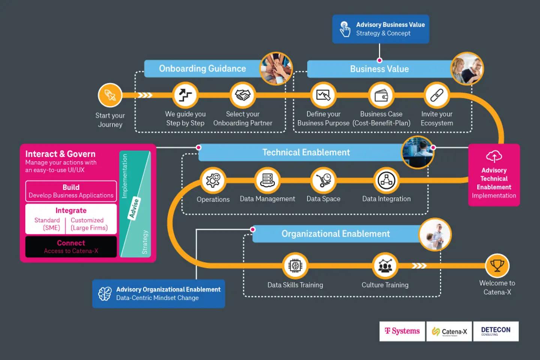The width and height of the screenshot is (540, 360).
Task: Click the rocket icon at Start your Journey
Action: pyautogui.click(x=110, y=95)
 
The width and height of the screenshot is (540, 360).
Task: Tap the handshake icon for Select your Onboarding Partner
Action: pyautogui.click(x=243, y=95)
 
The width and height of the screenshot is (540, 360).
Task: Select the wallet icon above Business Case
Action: pyautogui.click(x=381, y=95)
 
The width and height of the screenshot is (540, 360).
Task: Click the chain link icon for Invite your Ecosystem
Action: pyautogui.click(x=436, y=95)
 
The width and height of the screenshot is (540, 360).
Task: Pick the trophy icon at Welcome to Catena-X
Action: pyautogui.click(x=497, y=265)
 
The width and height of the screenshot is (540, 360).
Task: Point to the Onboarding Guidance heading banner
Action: pyautogui.click(x=202, y=69)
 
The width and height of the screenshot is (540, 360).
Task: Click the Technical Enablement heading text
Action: pyautogui.click(x=306, y=152)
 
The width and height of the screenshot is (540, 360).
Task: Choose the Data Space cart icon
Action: pyautogui.click(x=323, y=180)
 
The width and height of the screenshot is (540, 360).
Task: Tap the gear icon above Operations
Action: pyautogui.click(x=213, y=180)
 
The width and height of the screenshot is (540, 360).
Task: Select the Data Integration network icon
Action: pyautogui.click(x=386, y=180)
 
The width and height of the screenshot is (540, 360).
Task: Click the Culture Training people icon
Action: pyautogui.click(x=385, y=265)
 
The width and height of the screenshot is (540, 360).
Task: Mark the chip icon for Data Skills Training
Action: pyautogui.click(x=295, y=265)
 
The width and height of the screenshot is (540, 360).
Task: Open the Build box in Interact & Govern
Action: pyautogui.click(x=71, y=191)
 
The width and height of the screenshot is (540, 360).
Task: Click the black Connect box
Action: pyautogui.click(x=71, y=247)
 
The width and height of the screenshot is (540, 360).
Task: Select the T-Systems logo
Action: pyautogui.click(x=402, y=331)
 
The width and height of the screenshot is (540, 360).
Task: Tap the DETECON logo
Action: pyautogui.click(x=496, y=331)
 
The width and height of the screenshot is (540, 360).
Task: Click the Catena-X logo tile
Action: pyautogui.click(x=449, y=331)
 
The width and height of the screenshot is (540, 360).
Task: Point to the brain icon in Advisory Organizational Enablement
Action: pyautogui.click(x=105, y=294)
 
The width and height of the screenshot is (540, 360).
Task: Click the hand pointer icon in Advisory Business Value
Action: pyautogui.click(x=345, y=29)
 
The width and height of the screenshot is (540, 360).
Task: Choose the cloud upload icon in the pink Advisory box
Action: pyautogui.click(x=494, y=156)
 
